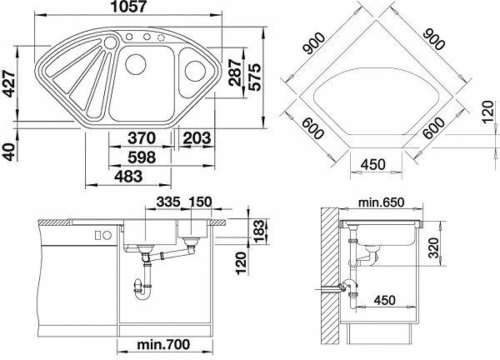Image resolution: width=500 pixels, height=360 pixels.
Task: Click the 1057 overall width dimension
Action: click(128, 7)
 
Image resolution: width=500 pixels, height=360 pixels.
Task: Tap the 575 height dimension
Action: click(254, 77)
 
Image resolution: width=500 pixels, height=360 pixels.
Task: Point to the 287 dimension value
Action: click(235, 72)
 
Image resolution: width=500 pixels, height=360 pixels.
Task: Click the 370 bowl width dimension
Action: click(142, 138)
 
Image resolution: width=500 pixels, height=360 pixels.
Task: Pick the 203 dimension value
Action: click(197, 138)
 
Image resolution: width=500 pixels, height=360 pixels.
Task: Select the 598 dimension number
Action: click(142, 157)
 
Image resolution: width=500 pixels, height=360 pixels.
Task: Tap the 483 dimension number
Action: click(128, 177)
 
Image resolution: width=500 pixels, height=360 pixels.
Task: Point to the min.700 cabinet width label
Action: click(163, 344)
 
